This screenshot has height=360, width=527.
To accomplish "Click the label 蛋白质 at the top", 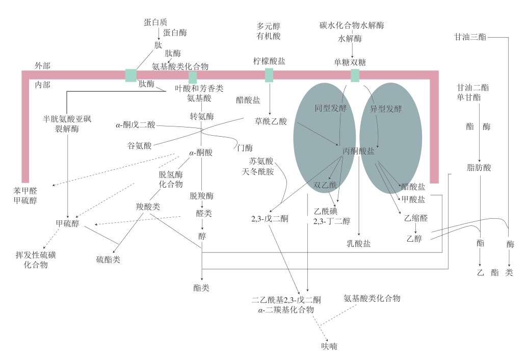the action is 155,22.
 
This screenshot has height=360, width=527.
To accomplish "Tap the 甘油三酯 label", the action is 470,37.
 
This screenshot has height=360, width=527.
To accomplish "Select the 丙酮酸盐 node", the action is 358,151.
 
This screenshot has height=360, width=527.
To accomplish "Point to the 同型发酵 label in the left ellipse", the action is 331,108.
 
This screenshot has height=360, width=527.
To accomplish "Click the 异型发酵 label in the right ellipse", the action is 386,109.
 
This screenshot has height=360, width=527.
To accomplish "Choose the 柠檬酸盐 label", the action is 269,61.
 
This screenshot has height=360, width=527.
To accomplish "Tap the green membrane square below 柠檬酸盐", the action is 269,75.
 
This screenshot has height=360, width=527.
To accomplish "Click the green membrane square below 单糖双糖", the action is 355,75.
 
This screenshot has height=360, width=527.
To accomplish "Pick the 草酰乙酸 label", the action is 271,121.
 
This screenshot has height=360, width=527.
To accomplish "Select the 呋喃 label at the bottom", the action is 329,346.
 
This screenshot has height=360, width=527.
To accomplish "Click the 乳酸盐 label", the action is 358,243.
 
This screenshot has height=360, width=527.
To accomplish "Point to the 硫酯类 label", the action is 108,260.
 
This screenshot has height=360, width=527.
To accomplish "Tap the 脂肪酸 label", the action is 479,167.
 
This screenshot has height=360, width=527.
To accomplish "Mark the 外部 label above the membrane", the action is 42,66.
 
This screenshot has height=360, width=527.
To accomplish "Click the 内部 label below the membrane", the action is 42,85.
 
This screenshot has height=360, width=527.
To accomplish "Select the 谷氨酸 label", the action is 140,145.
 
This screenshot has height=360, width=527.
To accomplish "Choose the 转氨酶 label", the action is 202,117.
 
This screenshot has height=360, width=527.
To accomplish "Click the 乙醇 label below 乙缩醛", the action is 414,239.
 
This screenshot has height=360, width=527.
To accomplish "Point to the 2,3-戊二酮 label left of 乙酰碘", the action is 270,219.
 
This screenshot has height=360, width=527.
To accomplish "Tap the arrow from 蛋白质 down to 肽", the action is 159,34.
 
